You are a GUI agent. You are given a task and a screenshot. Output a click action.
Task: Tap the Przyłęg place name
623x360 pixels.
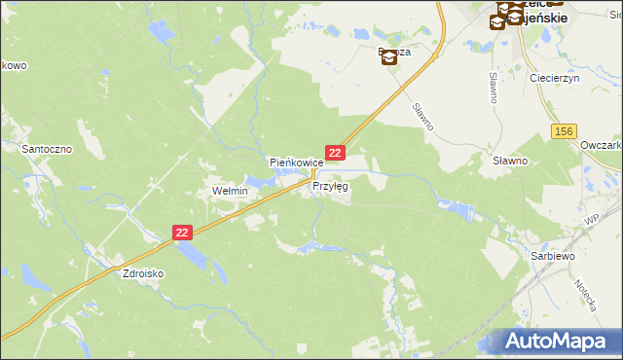pyautogui.click(x=330, y=187)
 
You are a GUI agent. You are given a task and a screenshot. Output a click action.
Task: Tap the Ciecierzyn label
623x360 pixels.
pyautogui.click(x=554, y=78)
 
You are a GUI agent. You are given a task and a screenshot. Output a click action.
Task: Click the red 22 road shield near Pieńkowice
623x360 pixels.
pyautogui.click(x=335, y=153)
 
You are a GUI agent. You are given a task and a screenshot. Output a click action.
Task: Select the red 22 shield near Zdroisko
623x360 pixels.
pyautogui.click(x=183, y=233)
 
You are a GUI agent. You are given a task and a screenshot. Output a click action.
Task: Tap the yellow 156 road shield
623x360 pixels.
pyautogui.click(x=564, y=131)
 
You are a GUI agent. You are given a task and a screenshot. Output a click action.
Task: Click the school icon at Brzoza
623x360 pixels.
pyautogui.click(x=388, y=57)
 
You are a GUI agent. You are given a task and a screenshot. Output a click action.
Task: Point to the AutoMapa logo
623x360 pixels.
pyautogui.click(x=563, y=341)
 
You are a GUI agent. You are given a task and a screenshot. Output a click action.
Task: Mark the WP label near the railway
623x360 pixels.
pyautogui.click(x=590, y=222)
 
